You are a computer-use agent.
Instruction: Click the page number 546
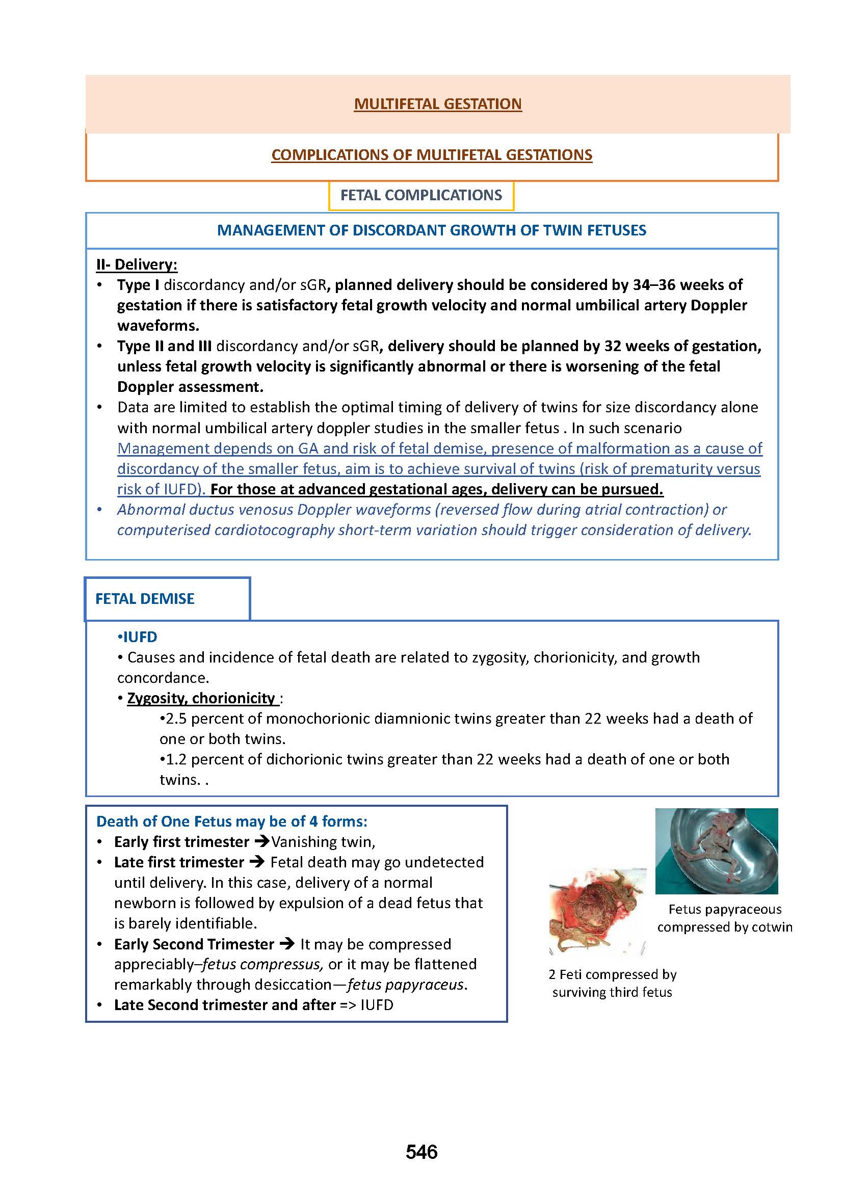pyautogui.click(x=422, y=1152)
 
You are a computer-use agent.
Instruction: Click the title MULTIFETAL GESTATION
pyautogui.click(x=438, y=104)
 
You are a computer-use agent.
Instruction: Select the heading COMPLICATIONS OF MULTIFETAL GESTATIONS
pyautogui.click(x=431, y=155)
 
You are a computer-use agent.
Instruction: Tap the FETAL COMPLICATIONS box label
pyautogui.click(x=421, y=195)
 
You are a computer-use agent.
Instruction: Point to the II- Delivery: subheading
pyautogui.click(x=137, y=264)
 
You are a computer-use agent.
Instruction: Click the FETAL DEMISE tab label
pyautogui.click(x=145, y=599)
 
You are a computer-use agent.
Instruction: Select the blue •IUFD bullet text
pyautogui.click(x=138, y=637)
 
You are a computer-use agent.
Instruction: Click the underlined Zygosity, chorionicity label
pyautogui.click(x=201, y=698)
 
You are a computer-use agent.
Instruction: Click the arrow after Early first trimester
pyautogui.click(x=260, y=841)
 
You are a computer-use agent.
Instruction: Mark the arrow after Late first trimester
pyautogui.click(x=257, y=862)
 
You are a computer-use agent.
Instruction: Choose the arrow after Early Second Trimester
pyautogui.click(x=287, y=944)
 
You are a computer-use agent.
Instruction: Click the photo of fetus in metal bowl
pyautogui.click(x=716, y=851)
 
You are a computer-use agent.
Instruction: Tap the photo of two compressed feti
pyautogui.click(x=597, y=912)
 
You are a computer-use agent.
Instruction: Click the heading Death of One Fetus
pyautogui.click(x=231, y=822)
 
